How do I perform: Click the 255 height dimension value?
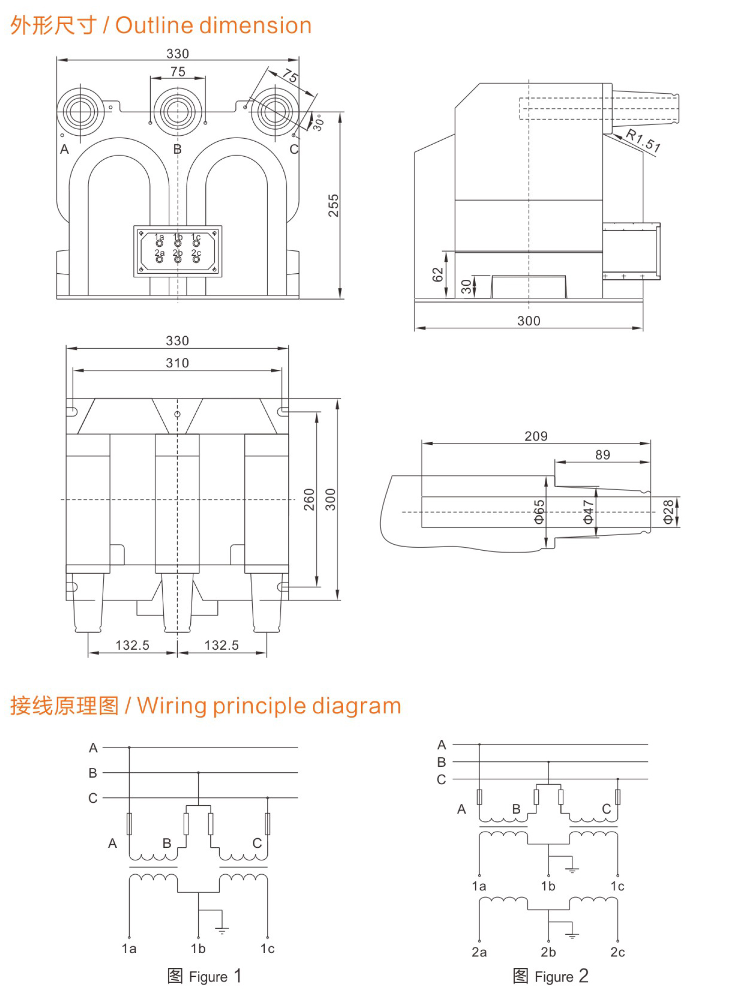click(x=333, y=205)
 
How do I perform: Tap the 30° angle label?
click(x=318, y=122)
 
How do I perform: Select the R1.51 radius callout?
click(x=643, y=140)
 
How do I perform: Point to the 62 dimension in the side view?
click(x=438, y=274)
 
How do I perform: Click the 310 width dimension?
click(x=177, y=363)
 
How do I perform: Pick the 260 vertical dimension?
click(x=309, y=499)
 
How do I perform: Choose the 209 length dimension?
click(x=536, y=436)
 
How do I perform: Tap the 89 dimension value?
click(x=602, y=454)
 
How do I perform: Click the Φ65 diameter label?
click(x=539, y=512)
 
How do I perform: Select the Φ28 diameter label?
click(x=668, y=512)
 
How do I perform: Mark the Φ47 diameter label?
click(x=588, y=512)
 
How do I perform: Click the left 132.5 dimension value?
click(x=132, y=645)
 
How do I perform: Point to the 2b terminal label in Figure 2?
click(x=548, y=952)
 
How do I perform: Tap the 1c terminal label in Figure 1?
click(x=267, y=949)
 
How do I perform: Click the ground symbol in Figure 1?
click(x=222, y=930)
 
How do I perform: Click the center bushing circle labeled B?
click(x=177, y=111)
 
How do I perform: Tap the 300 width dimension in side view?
click(x=529, y=321)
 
